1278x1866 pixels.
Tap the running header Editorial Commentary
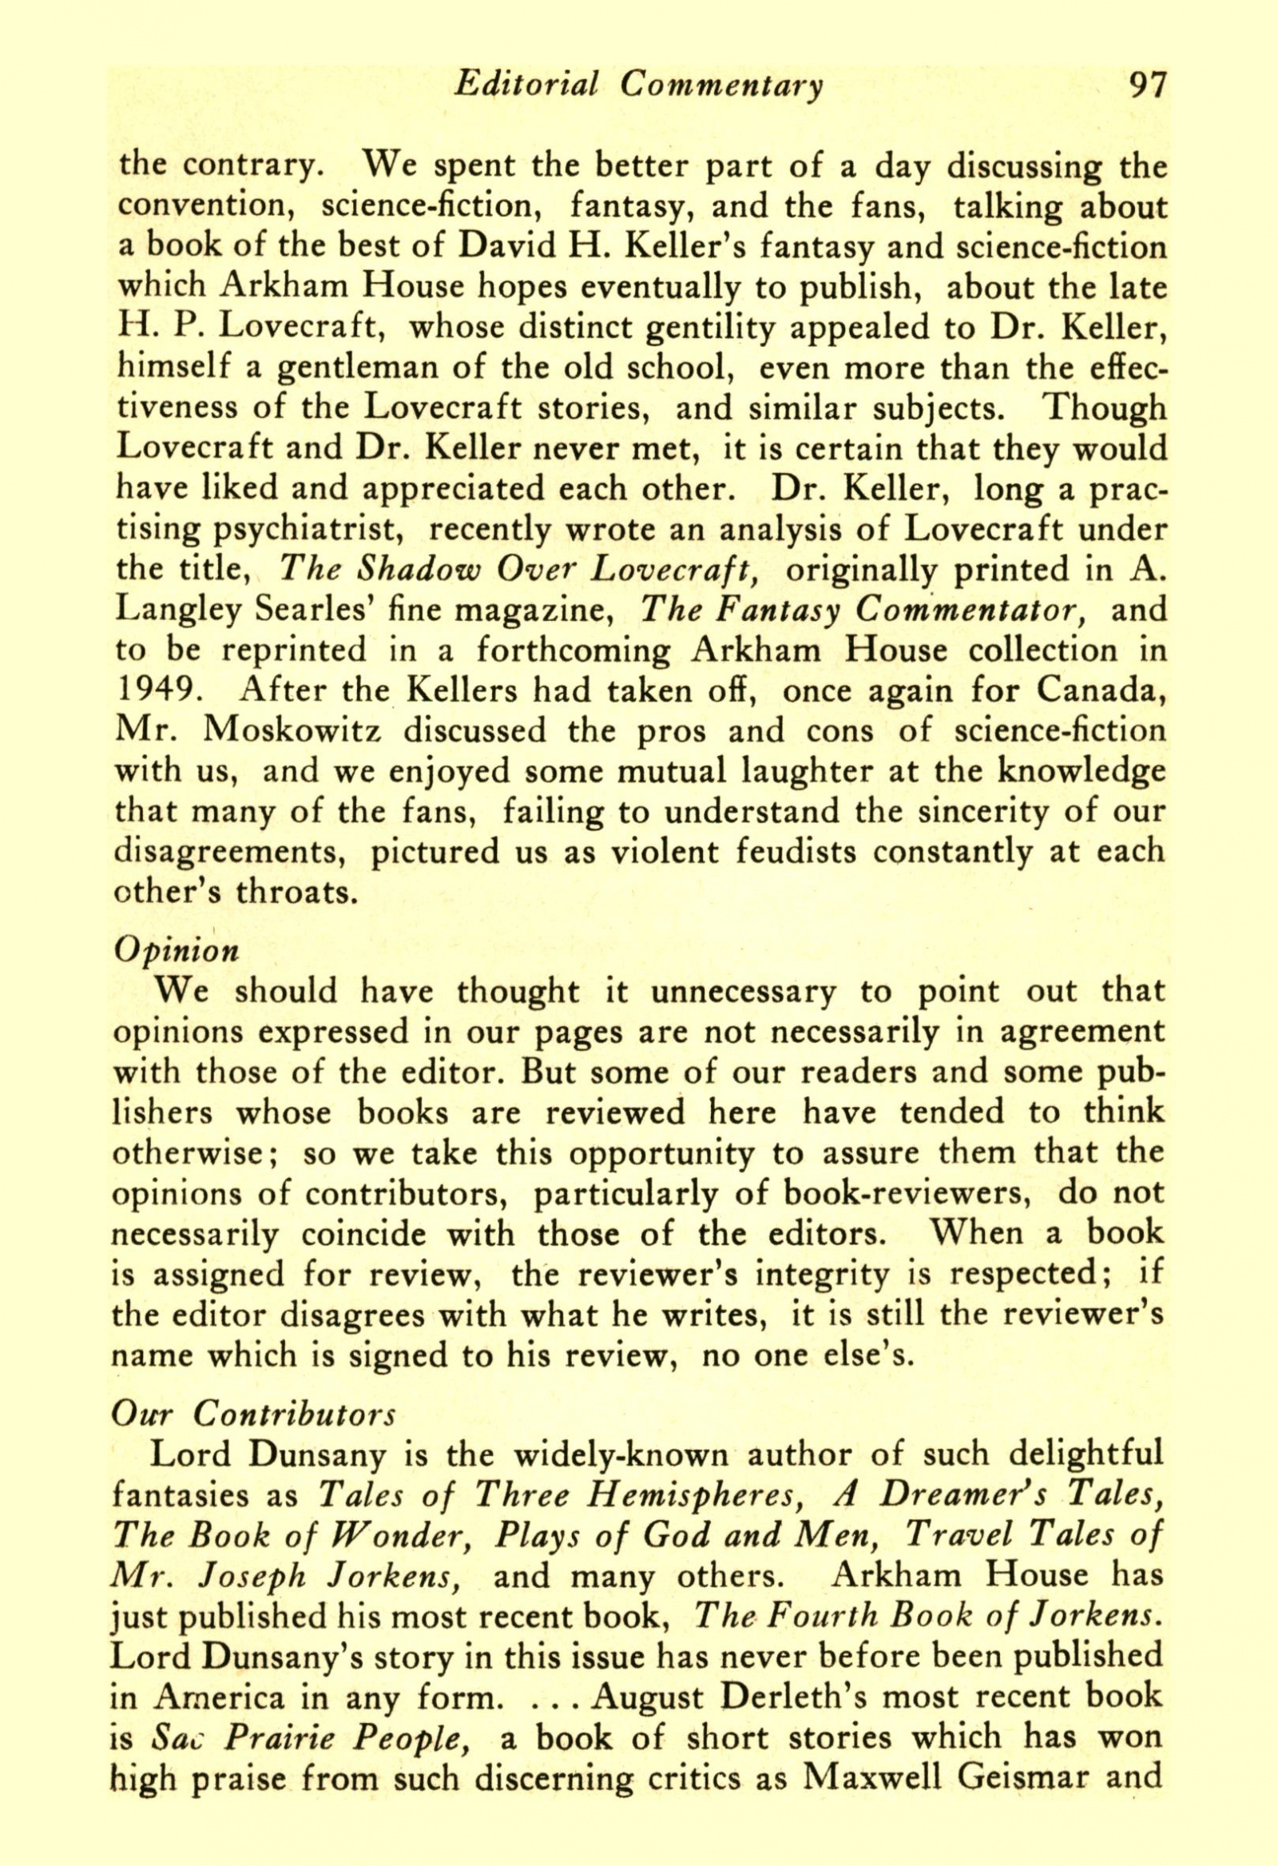coord(638,86)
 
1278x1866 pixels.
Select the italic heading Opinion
coord(177,951)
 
